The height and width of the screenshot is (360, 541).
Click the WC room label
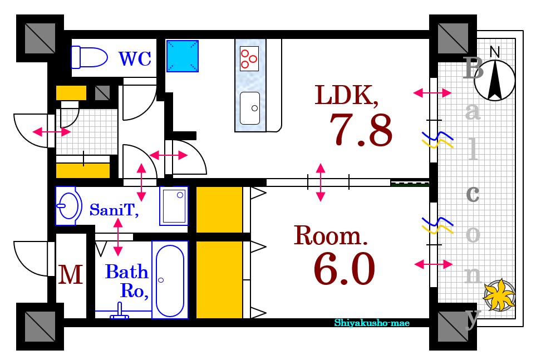(x=135, y=58)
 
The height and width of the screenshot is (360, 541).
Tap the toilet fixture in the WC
(x=89, y=57)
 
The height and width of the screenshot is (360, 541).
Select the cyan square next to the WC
(x=183, y=56)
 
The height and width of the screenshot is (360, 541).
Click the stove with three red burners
(x=249, y=58)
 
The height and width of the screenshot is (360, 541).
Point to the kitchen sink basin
(x=250, y=109)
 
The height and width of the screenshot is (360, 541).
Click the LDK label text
(x=346, y=95)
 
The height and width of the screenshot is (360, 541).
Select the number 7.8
(x=361, y=130)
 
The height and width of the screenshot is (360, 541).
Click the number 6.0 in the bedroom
(x=345, y=269)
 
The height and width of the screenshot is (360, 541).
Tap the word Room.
(x=331, y=235)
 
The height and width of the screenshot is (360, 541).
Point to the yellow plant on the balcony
(x=499, y=294)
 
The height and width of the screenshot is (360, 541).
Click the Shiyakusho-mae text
(x=372, y=323)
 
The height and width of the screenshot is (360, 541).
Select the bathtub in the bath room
(x=170, y=280)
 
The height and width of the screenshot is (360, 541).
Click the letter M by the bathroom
(x=70, y=275)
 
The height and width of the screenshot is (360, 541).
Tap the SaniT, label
(x=114, y=210)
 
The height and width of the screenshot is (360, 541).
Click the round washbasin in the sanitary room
(x=68, y=206)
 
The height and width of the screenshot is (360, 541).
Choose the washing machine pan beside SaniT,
(x=174, y=206)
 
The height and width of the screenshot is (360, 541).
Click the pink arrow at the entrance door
(x=52, y=132)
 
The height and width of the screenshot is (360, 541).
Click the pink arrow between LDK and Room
(x=321, y=183)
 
